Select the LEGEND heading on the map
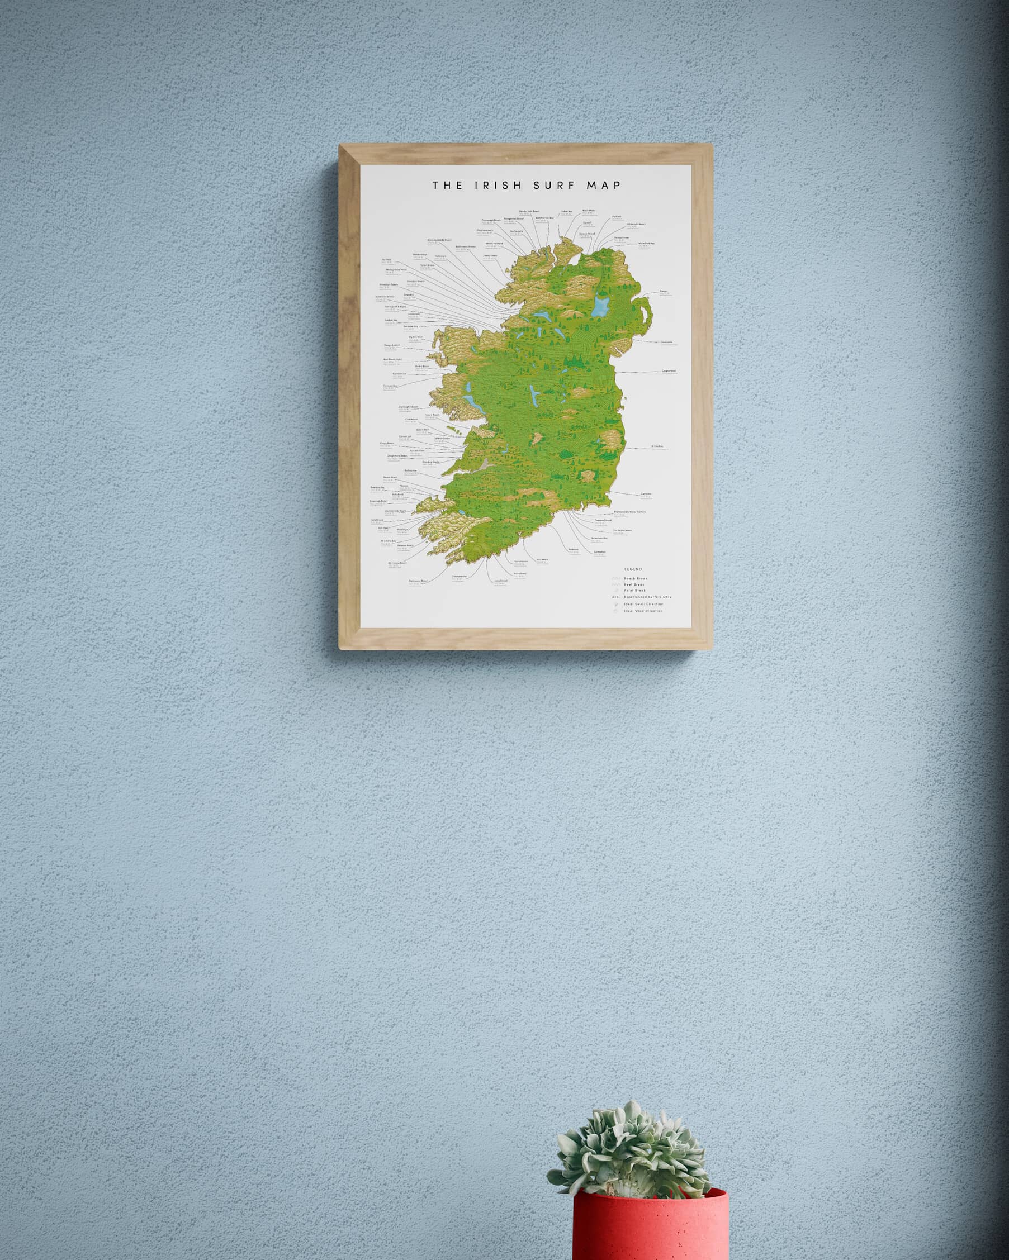[633, 569]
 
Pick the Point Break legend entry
[634, 591]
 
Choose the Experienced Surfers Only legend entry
[647, 597]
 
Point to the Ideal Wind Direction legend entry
[643, 611]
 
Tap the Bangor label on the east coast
[664, 291]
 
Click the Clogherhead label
[669, 370]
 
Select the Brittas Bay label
[657, 446]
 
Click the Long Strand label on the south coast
[501, 581]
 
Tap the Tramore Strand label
[603, 520]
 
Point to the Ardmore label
[574, 549]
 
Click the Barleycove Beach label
[419, 581]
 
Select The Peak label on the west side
[386, 260]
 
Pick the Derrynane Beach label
[397, 563]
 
